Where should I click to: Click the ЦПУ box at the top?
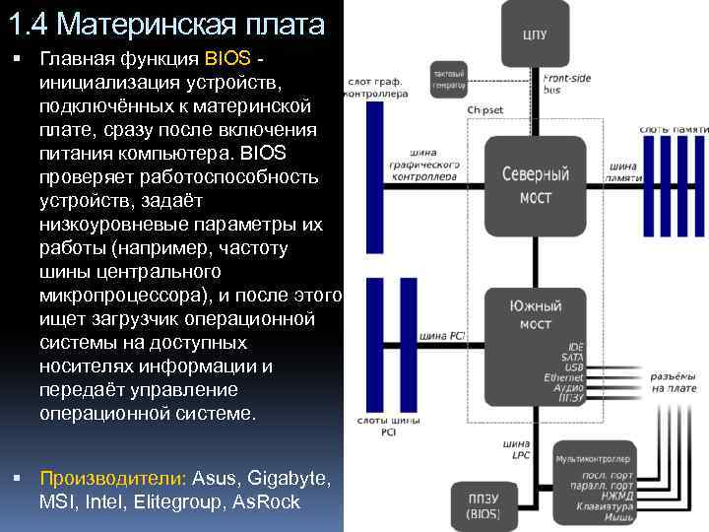tap(535, 33)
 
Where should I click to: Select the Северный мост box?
tap(535, 186)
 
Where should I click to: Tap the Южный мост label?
tap(535, 315)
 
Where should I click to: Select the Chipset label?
tap(485, 110)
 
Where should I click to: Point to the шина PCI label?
tap(442, 336)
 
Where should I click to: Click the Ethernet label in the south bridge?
tap(563, 378)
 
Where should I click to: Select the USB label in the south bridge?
tap(573, 367)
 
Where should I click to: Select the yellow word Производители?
tap(111, 479)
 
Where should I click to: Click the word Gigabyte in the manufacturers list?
tap(286, 479)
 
